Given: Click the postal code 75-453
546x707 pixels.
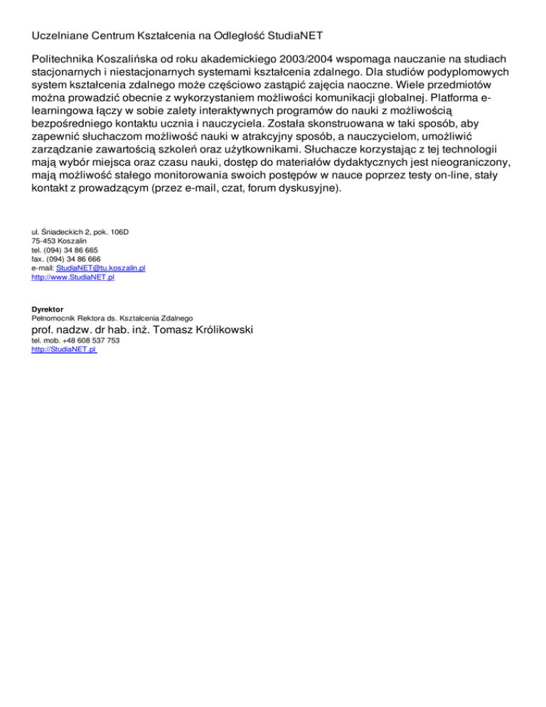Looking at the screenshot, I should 45,241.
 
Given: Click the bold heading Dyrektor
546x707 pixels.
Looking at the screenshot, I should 48,309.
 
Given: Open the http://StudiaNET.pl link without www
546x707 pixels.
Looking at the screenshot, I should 64,350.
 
